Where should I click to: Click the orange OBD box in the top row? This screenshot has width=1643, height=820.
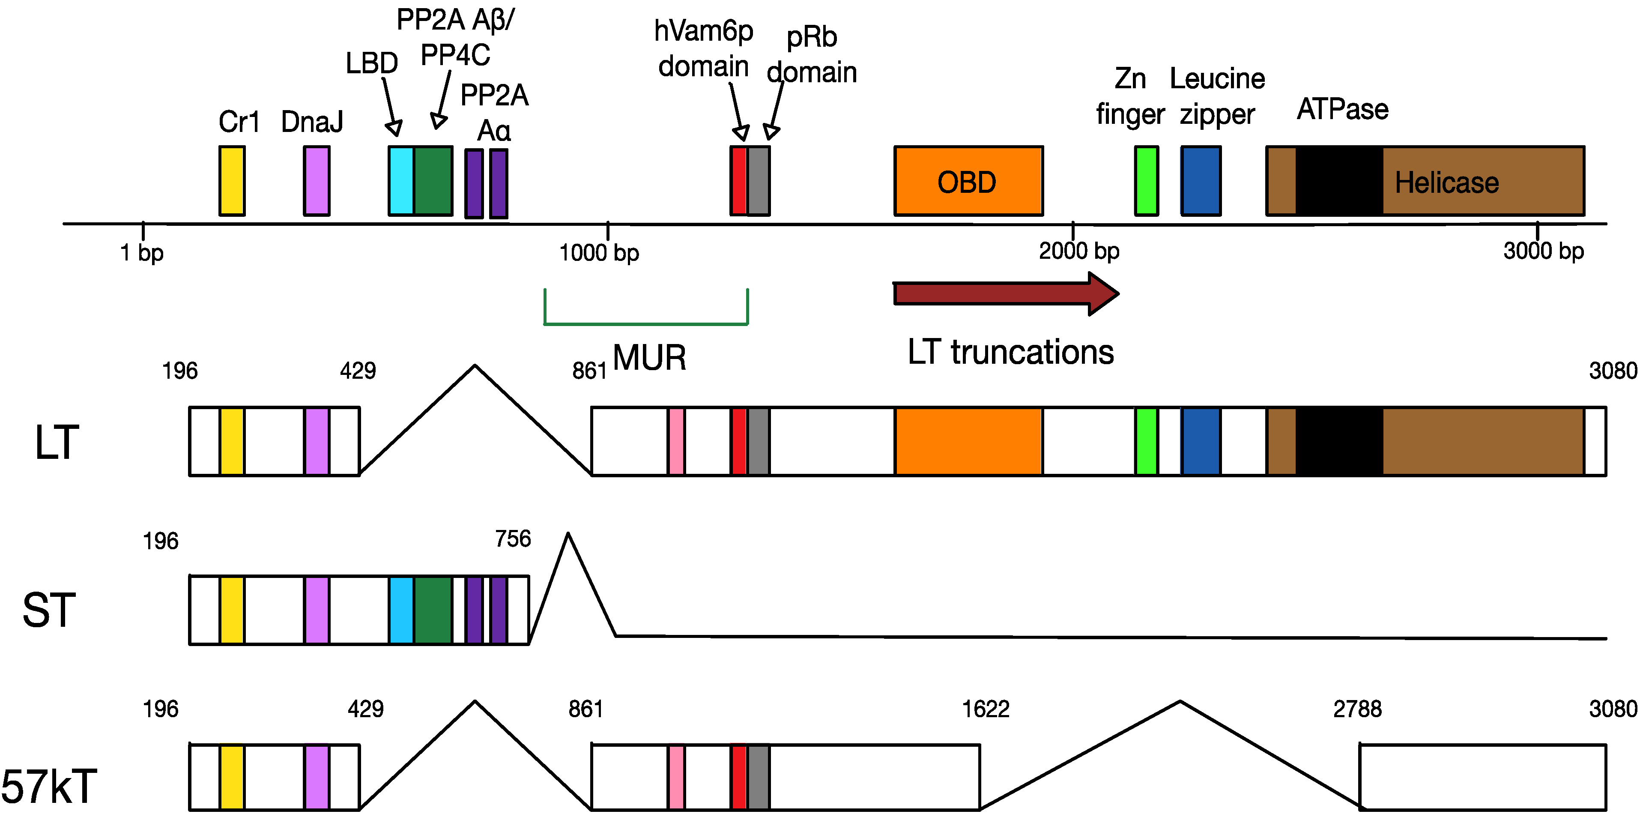[968, 181]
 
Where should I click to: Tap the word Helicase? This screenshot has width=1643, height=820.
[1446, 183]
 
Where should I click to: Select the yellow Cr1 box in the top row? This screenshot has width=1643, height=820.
[232, 181]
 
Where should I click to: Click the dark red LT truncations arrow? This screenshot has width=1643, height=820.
[1006, 293]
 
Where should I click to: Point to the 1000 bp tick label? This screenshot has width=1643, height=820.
[599, 253]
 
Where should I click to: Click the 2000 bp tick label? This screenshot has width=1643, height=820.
[1079, 251]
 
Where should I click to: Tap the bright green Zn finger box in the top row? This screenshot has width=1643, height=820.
[1146, 181]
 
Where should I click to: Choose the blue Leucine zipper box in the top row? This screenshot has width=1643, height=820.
[1201, 181]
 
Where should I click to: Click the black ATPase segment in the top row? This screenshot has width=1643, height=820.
[1339, 181]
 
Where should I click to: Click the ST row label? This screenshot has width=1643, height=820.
[49, 610]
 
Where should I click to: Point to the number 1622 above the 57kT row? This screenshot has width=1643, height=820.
[986, 709]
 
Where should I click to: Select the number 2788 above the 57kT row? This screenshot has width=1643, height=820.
[1357, 709]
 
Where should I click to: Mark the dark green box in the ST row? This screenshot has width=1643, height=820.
[433, 610]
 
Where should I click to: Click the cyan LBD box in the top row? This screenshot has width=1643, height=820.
[401, 181]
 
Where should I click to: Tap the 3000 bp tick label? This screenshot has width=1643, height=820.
[1544, 251]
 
